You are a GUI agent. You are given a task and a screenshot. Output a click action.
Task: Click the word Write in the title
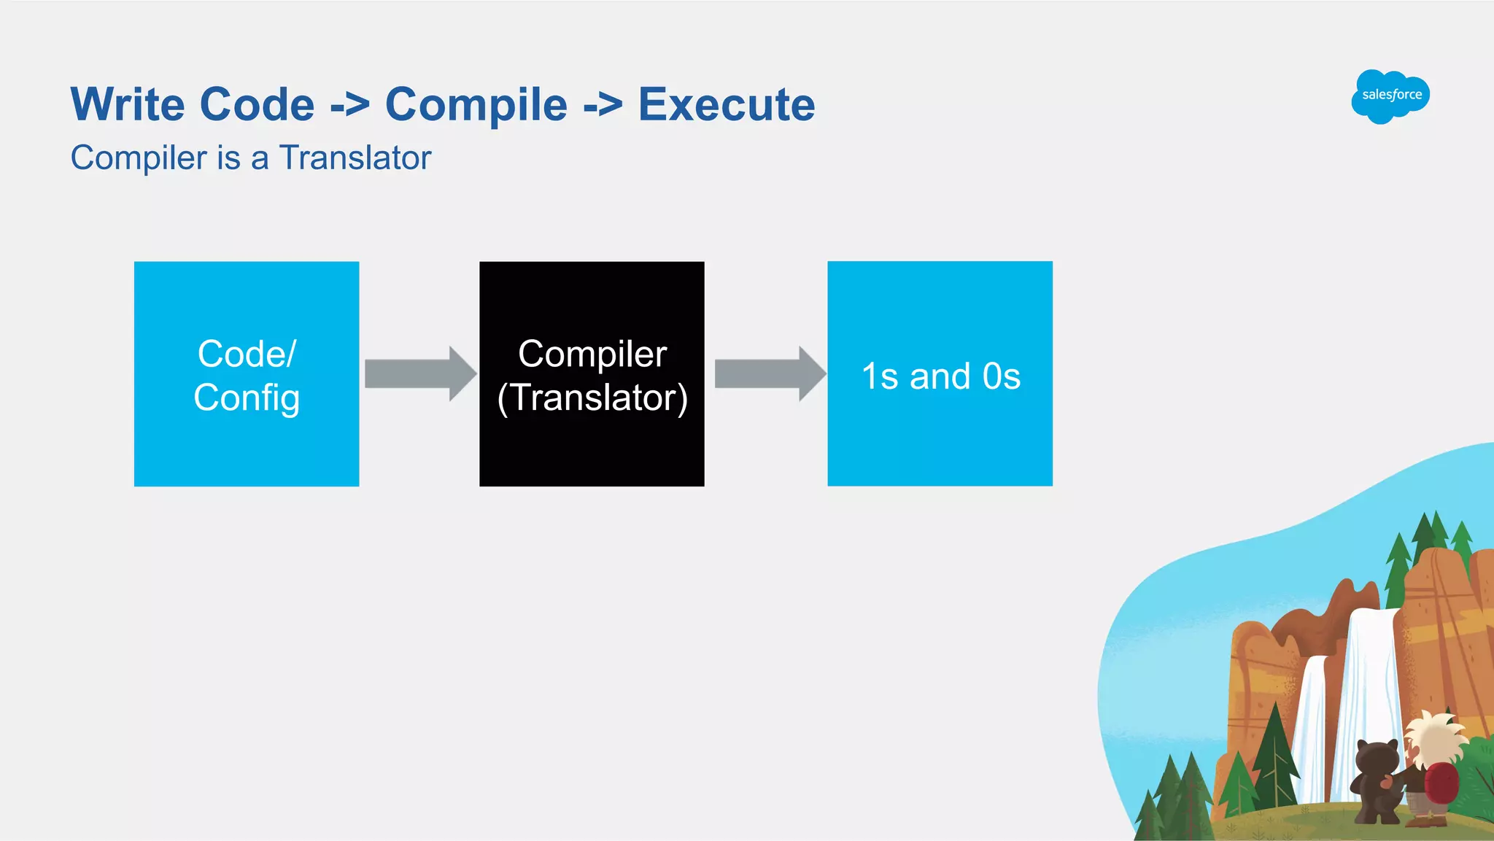click(128, 104)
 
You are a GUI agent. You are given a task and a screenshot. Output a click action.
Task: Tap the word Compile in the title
click(476, 104)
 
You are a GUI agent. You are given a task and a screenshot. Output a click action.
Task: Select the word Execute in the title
click(727, 104)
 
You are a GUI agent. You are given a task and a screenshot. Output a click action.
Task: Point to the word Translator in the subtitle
click(355, 158)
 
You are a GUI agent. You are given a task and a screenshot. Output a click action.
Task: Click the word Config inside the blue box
click(247, 398)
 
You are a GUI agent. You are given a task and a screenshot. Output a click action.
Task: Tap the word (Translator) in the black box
click(592, 398)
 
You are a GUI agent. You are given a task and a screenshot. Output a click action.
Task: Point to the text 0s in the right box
click(1001, 376)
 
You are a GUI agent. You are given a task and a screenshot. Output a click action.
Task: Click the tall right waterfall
click(1370, 700)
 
